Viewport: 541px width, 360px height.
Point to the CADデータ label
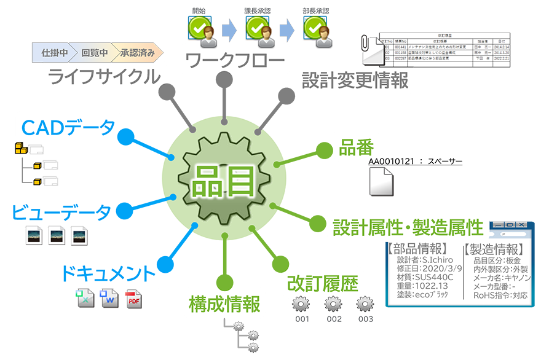68,127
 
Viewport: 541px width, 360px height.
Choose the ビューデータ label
61,212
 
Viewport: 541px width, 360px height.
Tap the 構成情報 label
224,303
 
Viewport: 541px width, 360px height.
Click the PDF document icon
133,299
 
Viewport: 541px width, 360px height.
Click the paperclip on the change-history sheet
365,44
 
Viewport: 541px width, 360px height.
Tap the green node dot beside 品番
323,150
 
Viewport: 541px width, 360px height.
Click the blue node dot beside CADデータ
126,136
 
